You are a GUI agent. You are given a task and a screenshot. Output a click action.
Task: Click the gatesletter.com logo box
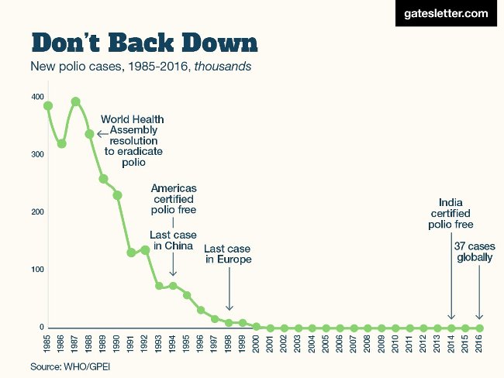pyautogui.click(x=446, y=14)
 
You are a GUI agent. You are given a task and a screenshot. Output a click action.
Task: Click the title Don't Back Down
pyautogui.click(x=144, y=42)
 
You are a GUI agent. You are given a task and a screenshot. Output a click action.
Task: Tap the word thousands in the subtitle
pyautogui.click(x=223, y=67)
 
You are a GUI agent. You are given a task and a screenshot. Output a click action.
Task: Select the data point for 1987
pyautogui.click(x=75, y=101)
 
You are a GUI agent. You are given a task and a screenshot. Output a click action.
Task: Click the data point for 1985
pyautogui.click(x=48, y=106)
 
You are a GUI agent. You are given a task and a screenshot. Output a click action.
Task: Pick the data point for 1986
pyautogui.click(x=62, y=144)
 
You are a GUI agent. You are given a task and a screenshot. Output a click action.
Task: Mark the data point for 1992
pyautogui.click(x=145, y=250)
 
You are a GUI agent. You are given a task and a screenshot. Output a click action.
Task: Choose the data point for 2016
pyautogui.click(x=479, y=328)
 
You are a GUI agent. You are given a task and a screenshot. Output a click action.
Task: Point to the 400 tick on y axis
pyautogui.click(x=38, y=97)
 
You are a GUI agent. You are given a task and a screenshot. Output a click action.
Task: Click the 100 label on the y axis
pyautogui.click(x=38, y=270)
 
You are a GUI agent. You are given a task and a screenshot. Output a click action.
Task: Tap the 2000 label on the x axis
pyautogui.click(x=257, y=345)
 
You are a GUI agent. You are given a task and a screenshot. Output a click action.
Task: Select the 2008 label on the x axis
pyautogui.click(x=368, y=345)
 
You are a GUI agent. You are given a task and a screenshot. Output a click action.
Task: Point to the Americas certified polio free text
pyautogui.click(x=174, y=199)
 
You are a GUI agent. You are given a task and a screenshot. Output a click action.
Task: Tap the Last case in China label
pyautogui.click(x=173, y=240)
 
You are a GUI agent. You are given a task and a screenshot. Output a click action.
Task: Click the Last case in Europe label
pyautogui.click(x=228, y=254)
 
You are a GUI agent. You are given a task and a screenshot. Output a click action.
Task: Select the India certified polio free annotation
pyautogui.click(x=450, y=215)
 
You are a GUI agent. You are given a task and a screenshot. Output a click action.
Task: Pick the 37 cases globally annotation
pyautogui.click(x=473, y=252)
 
